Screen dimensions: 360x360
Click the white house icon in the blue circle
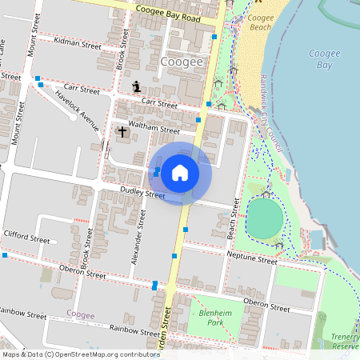180,172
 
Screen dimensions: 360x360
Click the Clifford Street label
26,238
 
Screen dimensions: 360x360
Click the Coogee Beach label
260,22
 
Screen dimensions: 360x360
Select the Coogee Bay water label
324,58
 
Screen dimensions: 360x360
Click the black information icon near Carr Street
136,86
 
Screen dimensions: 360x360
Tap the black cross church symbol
122,130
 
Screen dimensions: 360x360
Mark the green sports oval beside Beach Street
264,218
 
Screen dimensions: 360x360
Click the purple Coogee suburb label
81,315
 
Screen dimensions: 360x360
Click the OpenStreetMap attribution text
70,354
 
